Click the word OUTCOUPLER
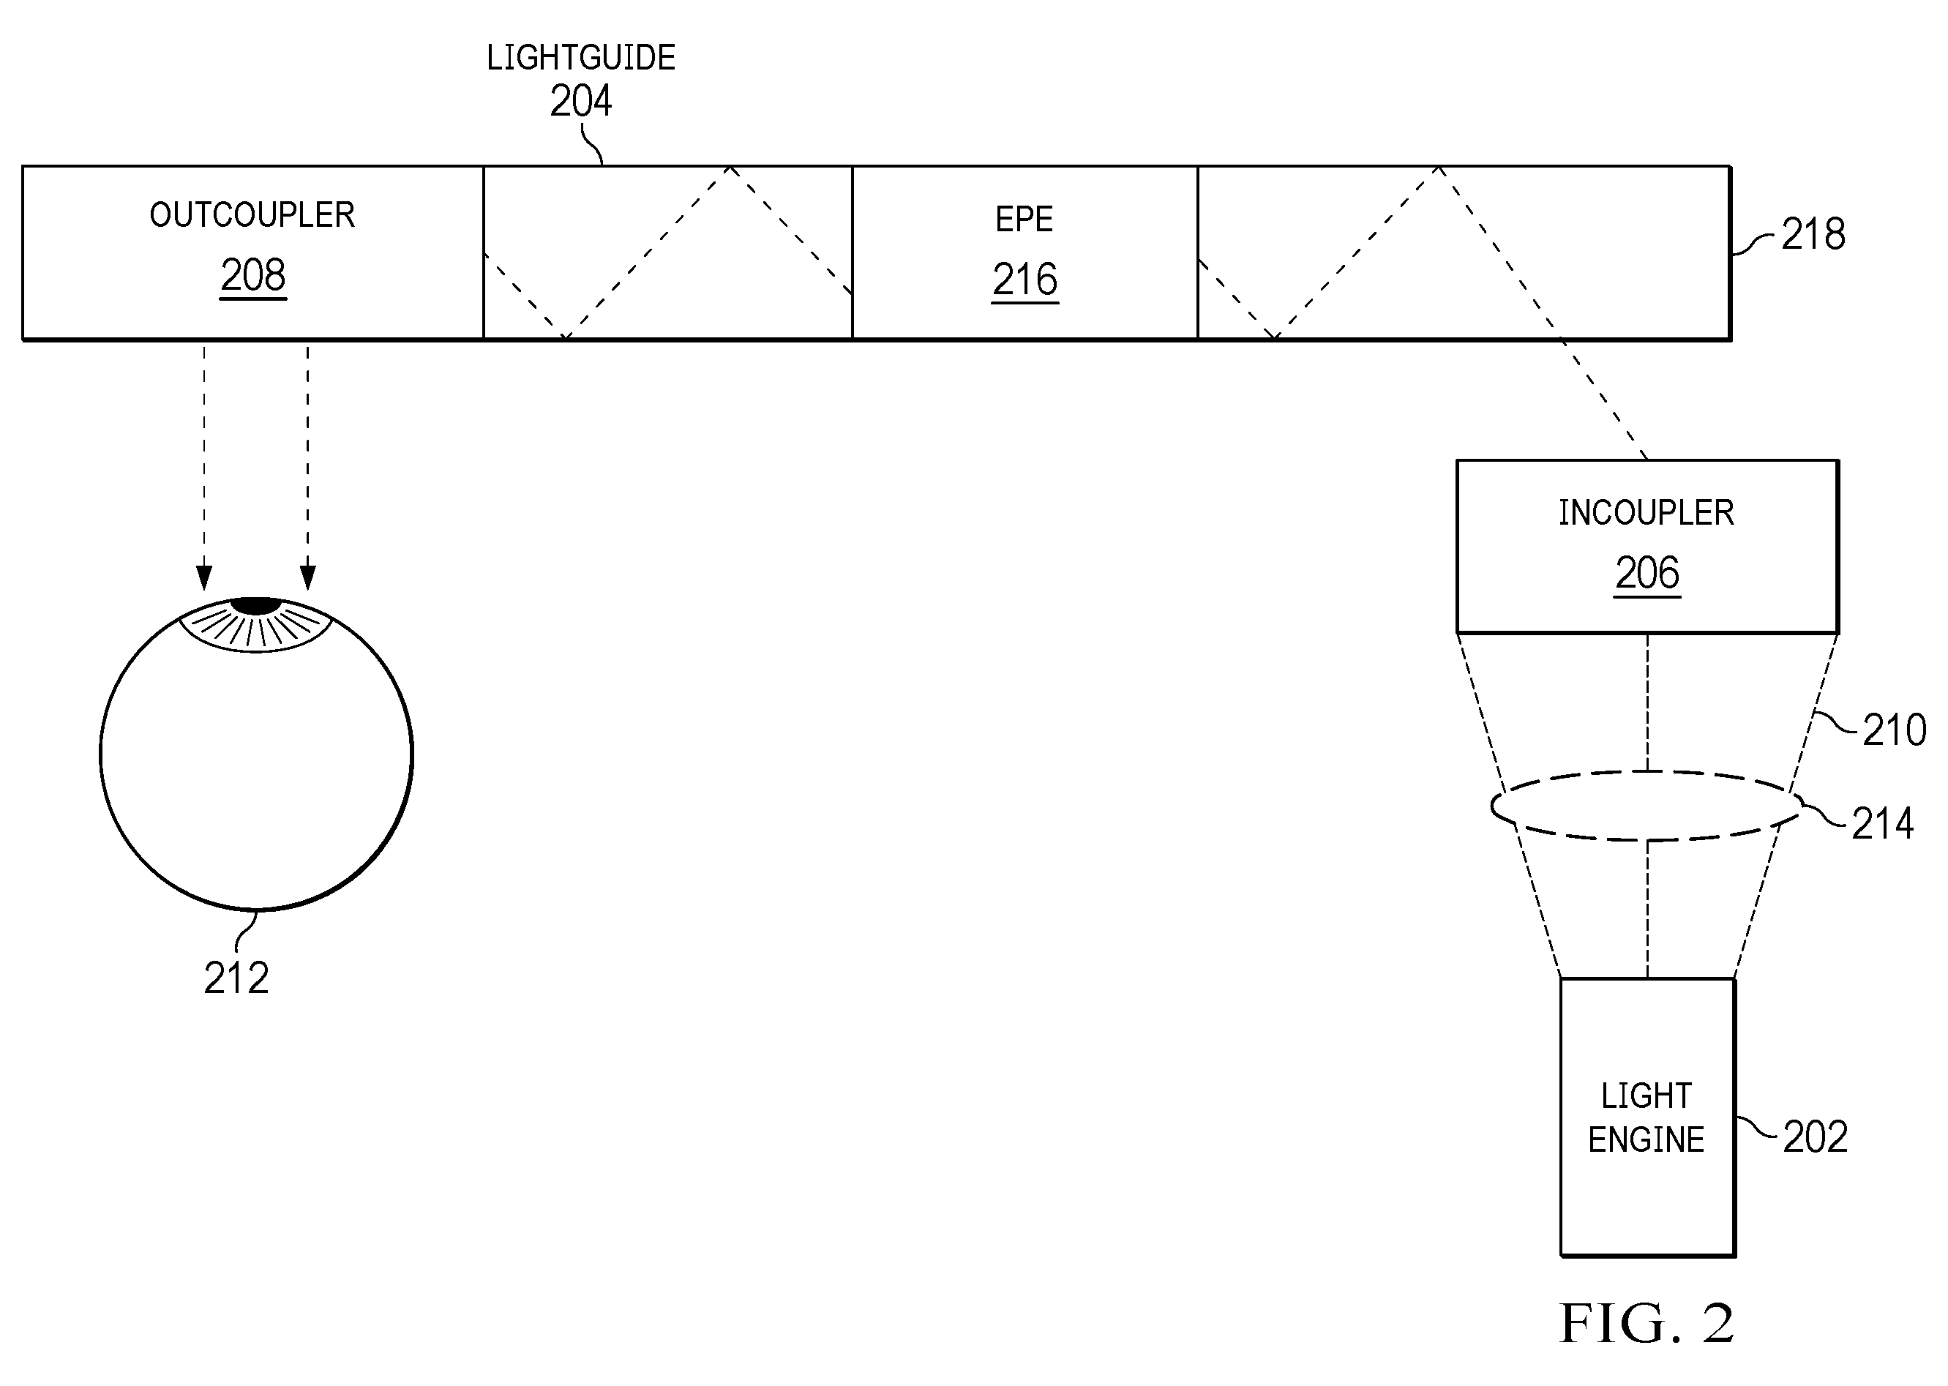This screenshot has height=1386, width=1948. click(252, 215)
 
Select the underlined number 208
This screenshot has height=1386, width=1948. click(253, 275)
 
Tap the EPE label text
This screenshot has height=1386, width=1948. click(1024, 220)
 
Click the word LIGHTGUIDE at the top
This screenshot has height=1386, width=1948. click(581, 58)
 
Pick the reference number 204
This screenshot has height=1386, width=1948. click(581, 101)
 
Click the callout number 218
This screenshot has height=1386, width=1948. click(1813, 234)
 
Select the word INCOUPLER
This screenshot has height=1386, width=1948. click(1646, 513)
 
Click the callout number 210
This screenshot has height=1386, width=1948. click(1895, 730)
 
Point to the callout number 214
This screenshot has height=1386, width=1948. click(1882, 823)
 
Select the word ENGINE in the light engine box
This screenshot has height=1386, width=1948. click(1646, 1140)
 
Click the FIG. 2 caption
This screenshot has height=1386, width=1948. click(1647, 1324)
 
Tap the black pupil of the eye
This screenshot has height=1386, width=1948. click(256, 606)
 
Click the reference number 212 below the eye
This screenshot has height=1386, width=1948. click(236, 978)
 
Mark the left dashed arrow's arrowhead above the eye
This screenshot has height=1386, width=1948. click(204, 578)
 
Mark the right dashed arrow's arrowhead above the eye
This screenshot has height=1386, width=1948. click(308, 578)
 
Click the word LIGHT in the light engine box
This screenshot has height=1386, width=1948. click(1646, 1095)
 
